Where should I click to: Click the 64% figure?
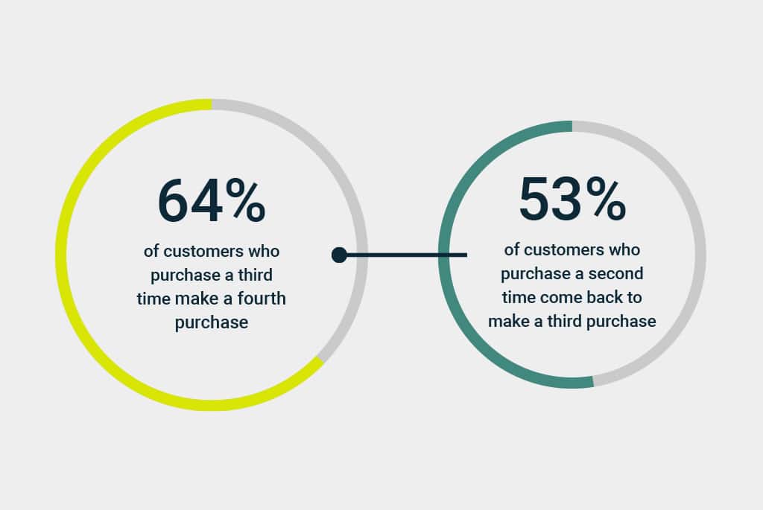[x=212, y=201]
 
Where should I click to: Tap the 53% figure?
[x=572, y=198]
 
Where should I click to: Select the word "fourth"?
[x=262, y=298]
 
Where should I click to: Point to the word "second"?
[x=616, y=273]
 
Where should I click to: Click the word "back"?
[x=604, y=297]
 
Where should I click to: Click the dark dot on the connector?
[x=339, y=255]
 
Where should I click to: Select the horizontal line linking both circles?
[x=403, y=255]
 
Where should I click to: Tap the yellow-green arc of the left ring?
[x=61, y=255]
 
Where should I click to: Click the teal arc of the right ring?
[x=444, y=255]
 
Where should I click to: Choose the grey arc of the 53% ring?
[x=700, y=255]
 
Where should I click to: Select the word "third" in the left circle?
[x=255, y=275]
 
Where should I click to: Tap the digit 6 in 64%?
[x=173, y=201]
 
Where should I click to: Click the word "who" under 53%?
[x=624, y=250]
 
